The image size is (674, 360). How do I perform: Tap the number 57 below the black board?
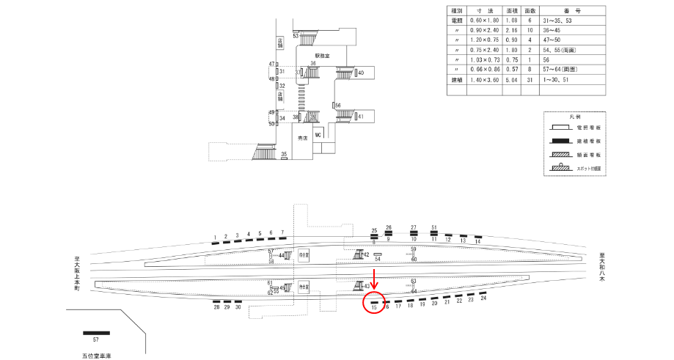tap(95, 340)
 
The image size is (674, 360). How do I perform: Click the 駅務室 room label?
tap(323, 55)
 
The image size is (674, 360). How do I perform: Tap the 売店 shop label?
tap(301, 137)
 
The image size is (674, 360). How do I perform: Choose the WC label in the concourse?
tap(318, 136)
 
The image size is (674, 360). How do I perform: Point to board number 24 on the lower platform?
tap(483, 298)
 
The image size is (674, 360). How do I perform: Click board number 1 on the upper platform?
tap(215, 236)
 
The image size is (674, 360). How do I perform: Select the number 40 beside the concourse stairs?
tap(361, 73)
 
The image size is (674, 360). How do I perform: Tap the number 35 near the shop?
tap(284, 154)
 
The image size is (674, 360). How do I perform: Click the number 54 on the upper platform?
tap(378, 259)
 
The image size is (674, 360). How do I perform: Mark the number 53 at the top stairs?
tap(296, 34)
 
